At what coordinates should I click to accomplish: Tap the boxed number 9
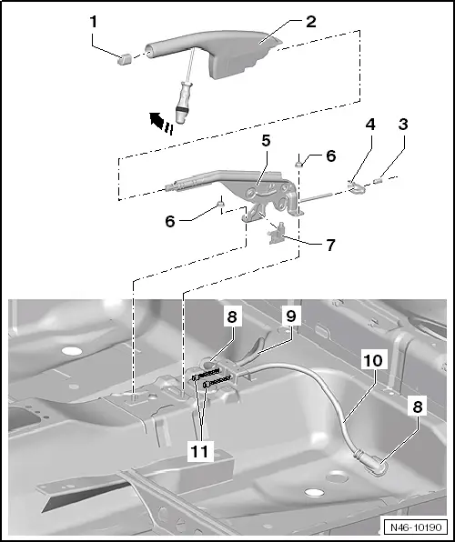[290, 317]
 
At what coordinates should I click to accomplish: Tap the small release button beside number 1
[125, 58]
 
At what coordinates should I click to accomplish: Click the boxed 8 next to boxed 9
[231, 318]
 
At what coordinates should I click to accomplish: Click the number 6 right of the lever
[330, 156]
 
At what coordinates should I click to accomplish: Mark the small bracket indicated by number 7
[274, 234]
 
